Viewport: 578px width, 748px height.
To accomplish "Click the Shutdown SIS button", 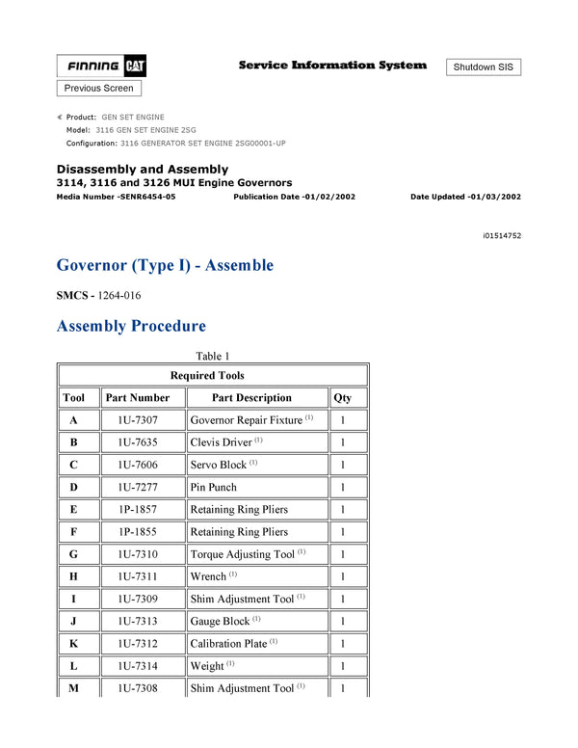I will (x=484, y=67).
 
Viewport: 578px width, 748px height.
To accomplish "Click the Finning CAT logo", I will (x=102, y=67).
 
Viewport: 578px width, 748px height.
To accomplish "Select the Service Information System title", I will (x=332, y=65).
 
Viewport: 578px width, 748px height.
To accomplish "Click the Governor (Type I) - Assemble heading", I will (x=165, y=265).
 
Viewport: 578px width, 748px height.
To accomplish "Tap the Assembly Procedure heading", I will (x=131, y=326).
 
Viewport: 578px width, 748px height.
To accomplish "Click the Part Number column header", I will (x=138, y=397).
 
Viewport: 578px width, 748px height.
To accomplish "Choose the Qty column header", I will (x=343, y=397).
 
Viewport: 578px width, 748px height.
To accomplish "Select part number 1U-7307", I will (x=138, y=420).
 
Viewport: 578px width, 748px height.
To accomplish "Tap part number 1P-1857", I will (x=138, y=509).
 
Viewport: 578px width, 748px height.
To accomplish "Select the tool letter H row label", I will (x=74, y=576).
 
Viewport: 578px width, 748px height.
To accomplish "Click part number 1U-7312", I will (x=138, y=643).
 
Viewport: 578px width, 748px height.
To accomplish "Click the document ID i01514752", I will (x=502, y=235).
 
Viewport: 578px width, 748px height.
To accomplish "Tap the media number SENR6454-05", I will (x=117, y=196).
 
